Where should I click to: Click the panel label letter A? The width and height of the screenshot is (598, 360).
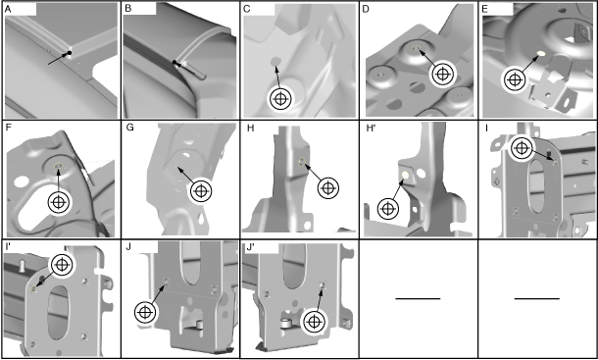[x=8, y=9]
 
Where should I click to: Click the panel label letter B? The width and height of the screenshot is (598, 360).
[x=128, y=9]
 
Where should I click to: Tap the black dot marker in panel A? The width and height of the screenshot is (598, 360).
[x=70, y=53]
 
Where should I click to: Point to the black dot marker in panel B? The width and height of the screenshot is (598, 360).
[x=174, y=62]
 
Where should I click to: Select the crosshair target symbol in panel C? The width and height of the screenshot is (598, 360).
[x=280, y=99]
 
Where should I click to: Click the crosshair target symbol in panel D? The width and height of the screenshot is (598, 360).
[x=442, y=74]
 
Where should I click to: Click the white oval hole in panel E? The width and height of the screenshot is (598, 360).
[x=541, y=53]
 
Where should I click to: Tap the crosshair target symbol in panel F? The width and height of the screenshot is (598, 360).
[x=59, y=202]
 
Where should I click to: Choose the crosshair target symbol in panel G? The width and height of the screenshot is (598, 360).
[x=201, y=190]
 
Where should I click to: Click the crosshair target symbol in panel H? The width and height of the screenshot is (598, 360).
[x=328, y=187]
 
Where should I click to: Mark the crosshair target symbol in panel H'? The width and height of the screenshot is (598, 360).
[x=388, y=209]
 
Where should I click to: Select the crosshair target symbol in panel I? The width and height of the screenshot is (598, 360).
[x=522, y=148]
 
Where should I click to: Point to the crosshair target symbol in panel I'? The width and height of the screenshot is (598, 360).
[x=62, y=265]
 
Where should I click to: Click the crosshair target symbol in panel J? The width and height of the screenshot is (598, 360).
[x=145, y=313]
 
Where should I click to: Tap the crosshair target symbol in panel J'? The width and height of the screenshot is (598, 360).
[x=314, y=322]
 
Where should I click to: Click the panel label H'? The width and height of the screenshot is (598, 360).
[x=372, y=128]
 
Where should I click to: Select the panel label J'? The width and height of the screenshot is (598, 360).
[x=251, y=247]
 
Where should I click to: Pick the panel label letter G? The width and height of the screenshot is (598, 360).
[x=129, y=128]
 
